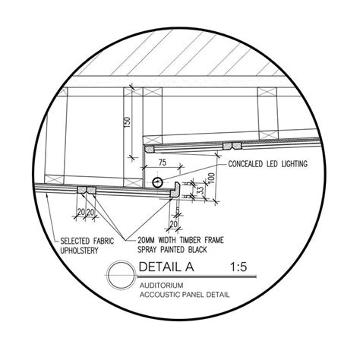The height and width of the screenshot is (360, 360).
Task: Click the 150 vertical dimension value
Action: tap(128, 122)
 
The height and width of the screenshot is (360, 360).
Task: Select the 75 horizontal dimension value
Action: tap(163, 162)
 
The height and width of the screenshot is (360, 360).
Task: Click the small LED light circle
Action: tap(156, 182)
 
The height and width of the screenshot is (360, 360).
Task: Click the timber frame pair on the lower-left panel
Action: tap(86, 188)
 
